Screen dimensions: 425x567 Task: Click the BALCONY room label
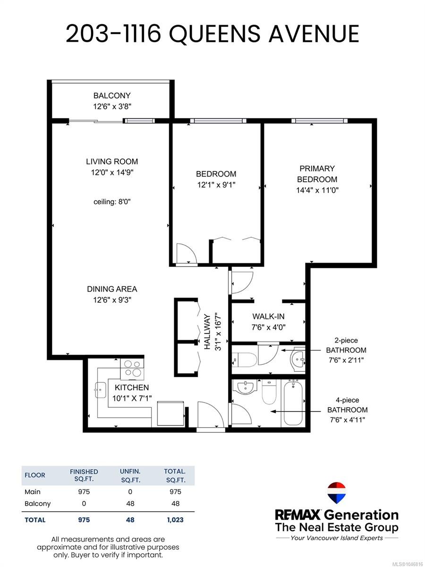tap(112, 95)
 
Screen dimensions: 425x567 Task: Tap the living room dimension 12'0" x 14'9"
tap(112, 172)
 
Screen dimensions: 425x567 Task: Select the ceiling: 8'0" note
tap(112, 201)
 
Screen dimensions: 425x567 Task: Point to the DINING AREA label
tap(112, 289)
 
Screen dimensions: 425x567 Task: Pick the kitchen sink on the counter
tap(101, 390)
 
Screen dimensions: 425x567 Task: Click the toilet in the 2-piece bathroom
tap(244, 359)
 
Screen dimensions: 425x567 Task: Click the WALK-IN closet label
tap(268, 316)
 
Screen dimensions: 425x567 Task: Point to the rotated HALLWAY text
tap(207, 332)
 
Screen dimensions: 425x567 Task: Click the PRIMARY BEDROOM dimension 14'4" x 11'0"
tap(317, 190)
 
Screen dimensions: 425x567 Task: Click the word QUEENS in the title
tap(214, 34)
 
